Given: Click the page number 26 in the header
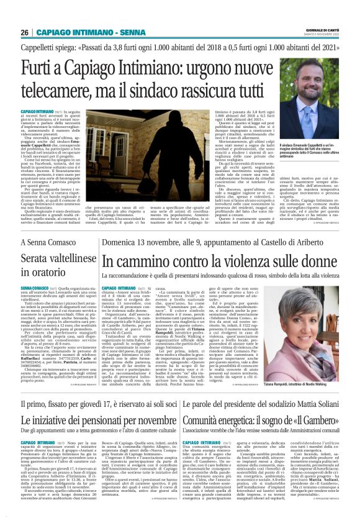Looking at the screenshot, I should [x=25, y=32].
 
